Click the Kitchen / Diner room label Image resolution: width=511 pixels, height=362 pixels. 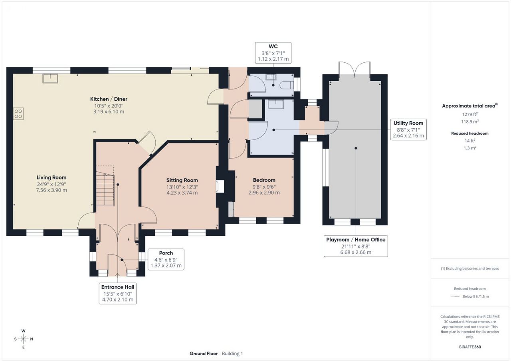pos(109,99)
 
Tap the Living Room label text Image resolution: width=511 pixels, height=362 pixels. pos(51,177)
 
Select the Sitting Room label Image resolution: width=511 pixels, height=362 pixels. pos(182,180)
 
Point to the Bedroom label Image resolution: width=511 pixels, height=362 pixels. pos(264,180)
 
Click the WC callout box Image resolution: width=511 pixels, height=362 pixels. pos(273,53)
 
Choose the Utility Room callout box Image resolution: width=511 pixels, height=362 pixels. pos(408,129)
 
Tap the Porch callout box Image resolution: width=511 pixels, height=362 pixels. pos(166,259)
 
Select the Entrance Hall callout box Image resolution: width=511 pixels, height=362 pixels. pos(118,293)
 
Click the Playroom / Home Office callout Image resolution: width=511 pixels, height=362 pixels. pos(356,246)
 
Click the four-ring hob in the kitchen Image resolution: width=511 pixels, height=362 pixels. pos(18,113)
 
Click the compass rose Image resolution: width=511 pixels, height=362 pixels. pos(24,339)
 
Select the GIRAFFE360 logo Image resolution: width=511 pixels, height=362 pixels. pos(470,347)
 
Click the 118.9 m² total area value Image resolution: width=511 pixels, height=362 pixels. pos(470,121)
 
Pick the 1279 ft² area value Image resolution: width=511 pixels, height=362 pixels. pos(470,114)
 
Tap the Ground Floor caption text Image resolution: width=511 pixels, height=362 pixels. pos(204,354)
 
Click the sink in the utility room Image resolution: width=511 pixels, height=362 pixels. pos(276,104)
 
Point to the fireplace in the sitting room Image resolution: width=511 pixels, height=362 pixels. pos(220,187)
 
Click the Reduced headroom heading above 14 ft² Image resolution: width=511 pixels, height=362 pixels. pos(470,133)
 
